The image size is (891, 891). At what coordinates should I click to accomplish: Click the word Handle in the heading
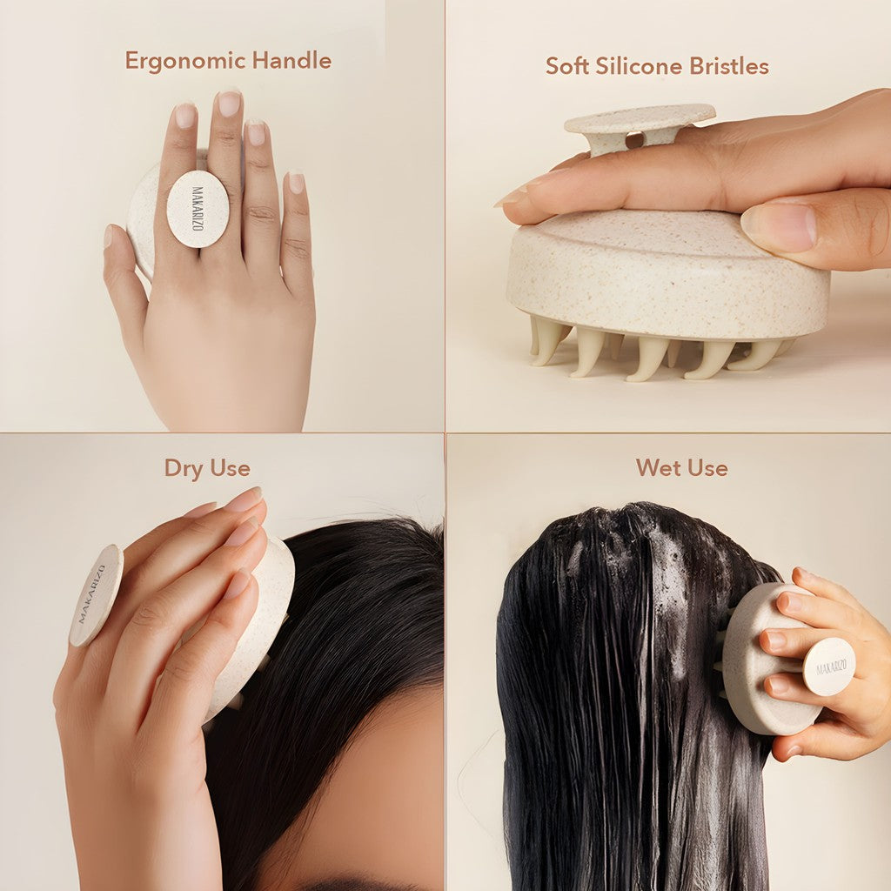(x=291, y=60)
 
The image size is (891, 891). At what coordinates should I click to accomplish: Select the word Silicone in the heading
(x=640, y=66)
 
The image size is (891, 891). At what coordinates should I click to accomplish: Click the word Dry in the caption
(x=183, y=468)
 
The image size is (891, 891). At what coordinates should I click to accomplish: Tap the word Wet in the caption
(x=658, y=467)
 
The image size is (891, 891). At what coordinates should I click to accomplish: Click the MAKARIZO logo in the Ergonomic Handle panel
(x=198, y=209)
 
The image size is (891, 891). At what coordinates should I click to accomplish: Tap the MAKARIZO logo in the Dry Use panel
(x=95, y=594)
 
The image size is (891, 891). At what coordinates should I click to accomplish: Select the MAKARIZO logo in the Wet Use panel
(x=828, y=667)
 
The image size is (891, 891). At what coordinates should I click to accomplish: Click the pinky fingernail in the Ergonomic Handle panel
(x=297, y=182)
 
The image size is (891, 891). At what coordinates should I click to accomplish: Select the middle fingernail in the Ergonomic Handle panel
(x=229, y=104)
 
